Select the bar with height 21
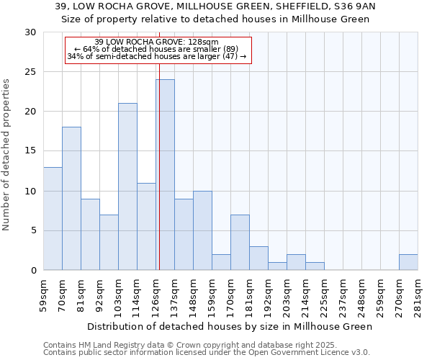[127, 186]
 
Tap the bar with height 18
[71, 199]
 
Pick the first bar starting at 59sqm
[53, 218]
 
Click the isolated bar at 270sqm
[408, 262]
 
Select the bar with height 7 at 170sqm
[240, 243]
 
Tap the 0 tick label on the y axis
[33, 271]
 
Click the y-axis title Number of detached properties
[7, 156]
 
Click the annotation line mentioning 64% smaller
[158, 49]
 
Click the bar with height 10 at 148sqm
[202, 230]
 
